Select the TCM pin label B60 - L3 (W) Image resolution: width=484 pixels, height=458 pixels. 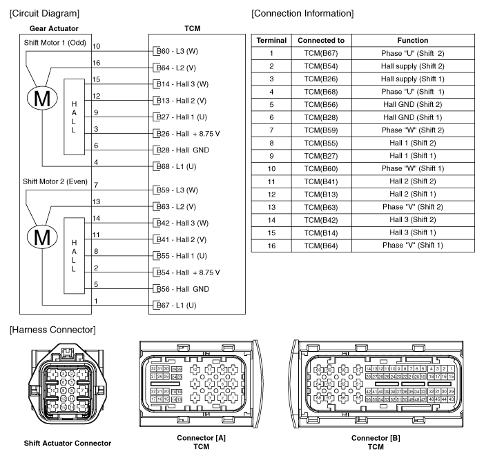(x=179, y=51)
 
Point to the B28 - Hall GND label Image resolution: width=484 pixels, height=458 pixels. (x=184, y=150)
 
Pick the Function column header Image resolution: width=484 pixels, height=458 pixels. (x=413, y=41)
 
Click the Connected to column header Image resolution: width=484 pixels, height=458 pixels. (x=320, y=41)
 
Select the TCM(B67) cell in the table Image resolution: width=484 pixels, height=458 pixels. (x=320, y=53)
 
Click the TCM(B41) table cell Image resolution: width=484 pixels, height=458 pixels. (x=320, y=181)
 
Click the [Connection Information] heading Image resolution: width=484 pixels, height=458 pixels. (x=303, y=13)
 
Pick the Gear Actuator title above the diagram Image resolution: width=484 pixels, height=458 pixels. (x=52, y=29)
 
